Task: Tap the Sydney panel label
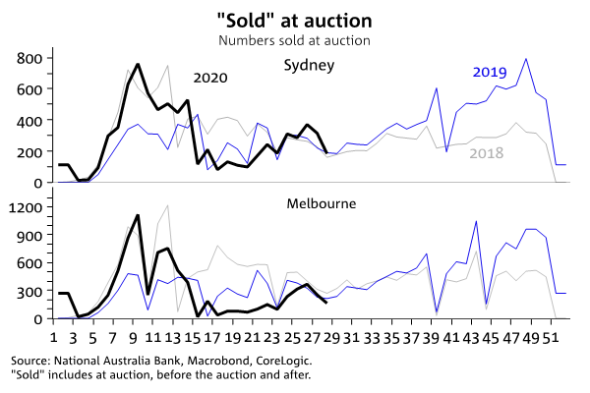coord(310,66)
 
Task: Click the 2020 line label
coord(210,79)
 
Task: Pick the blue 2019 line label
coord(489,72)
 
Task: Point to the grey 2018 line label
coord(487,153)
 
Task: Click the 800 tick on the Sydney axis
coord(30,58)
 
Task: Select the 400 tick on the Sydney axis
coord(30,121)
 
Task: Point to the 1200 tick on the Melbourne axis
coord(27,207)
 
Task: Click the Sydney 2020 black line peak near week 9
coord(138,65)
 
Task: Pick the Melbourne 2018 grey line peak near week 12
coord(169,205)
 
